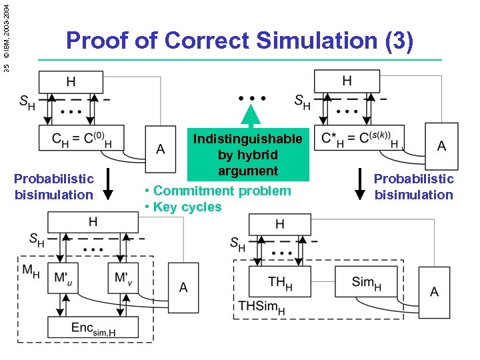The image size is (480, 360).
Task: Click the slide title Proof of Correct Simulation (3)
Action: (x=240, y=41)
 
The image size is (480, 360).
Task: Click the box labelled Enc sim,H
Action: (x=93, y=327)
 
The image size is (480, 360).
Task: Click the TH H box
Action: (x=281, y=282)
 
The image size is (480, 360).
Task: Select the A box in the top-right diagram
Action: (x=441, y=146)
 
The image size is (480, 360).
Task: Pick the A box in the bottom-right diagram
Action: (x=434, y=291)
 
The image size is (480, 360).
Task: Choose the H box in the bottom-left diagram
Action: (x=93, y=222)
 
